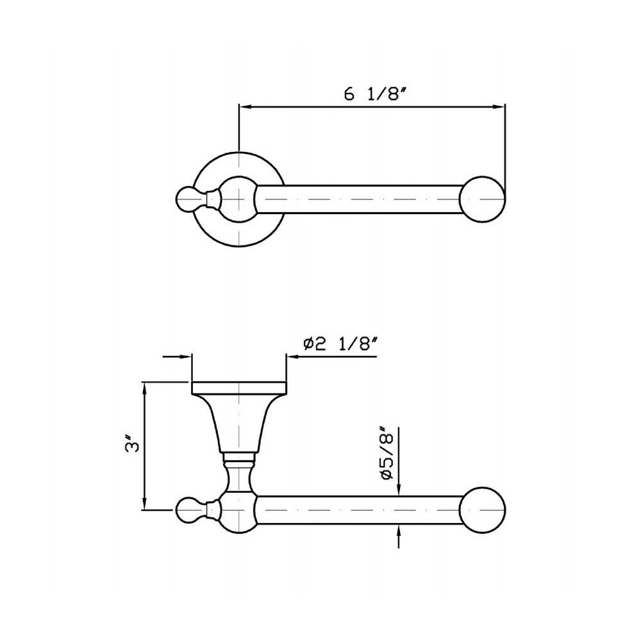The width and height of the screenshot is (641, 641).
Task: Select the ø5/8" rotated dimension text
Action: (x=385, y=454)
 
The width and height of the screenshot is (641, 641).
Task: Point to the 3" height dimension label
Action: (x=132, y=445)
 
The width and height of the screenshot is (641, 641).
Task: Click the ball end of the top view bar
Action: (x=483, y=199)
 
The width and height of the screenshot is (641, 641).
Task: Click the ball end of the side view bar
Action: (x=483, y=510)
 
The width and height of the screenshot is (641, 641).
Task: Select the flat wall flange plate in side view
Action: (x=239, y=388)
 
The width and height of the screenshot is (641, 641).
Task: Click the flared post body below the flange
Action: (x=239, y=424)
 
